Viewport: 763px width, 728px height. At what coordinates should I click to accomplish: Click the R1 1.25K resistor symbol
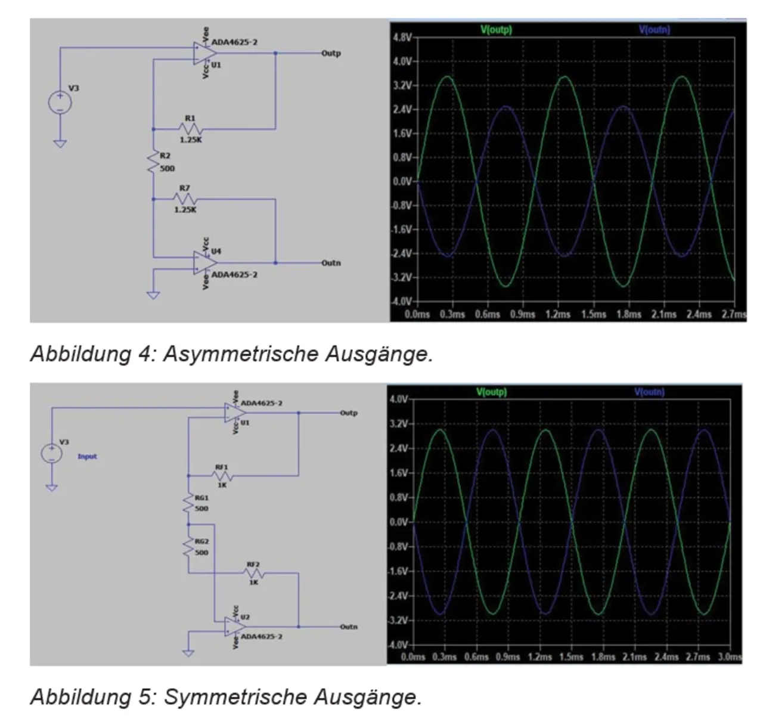tap(191, 129)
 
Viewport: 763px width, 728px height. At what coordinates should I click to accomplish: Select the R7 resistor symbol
tap(185, 199)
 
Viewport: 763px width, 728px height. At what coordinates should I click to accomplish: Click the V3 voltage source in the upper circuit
tap(60, 102)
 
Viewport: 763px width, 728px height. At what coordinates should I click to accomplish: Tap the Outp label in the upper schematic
tap(331, 53)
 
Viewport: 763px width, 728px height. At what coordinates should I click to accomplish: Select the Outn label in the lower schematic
tap(349, 627)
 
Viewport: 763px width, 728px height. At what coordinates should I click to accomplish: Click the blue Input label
tap(87, 457)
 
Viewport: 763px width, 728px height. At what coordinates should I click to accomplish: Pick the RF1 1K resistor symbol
tap(222, 476)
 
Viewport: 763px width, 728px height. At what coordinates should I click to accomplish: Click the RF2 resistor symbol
tap(254, 574)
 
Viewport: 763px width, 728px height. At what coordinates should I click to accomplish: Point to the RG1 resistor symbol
tap(188, 503)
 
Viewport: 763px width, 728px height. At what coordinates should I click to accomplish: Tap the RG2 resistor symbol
tap(188, 547)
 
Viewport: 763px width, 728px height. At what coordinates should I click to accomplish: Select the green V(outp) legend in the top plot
tap(496, 29)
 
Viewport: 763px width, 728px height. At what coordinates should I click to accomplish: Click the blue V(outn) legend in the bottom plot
tap(649, 392)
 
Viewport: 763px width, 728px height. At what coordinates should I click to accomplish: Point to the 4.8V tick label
tap(402, 38)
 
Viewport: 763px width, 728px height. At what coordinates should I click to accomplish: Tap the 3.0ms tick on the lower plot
tap(730, 657)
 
